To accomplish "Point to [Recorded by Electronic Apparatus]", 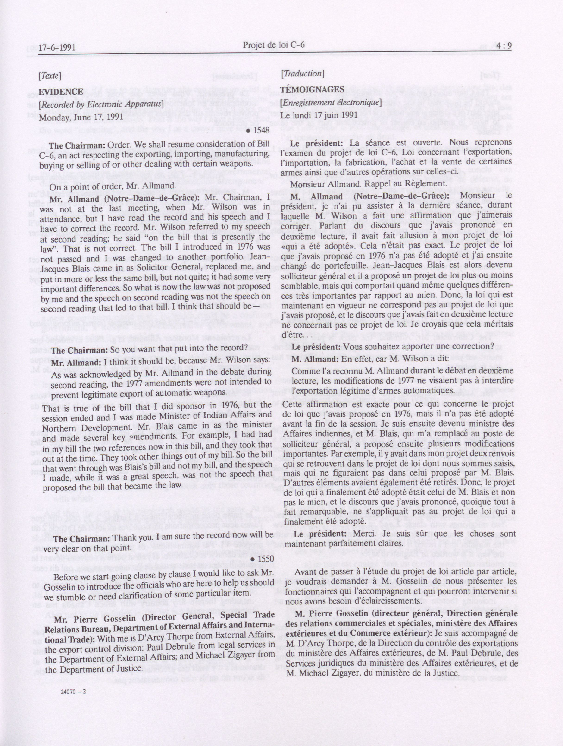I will click(101, 104).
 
